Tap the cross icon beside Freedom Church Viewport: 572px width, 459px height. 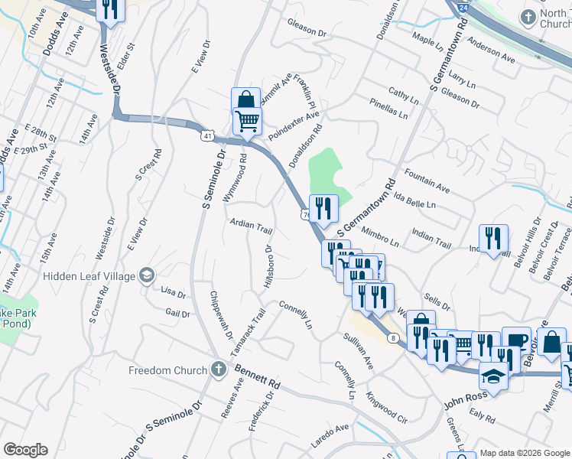[218, 370]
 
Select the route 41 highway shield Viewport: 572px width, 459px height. [209, 135]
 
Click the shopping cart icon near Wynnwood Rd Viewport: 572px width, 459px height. [247, 121]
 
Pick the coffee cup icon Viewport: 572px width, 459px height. [516, 340]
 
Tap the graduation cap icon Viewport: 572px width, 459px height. [493, 376]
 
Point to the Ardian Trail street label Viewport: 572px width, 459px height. [252, 228]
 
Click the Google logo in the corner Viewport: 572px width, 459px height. [24, 450]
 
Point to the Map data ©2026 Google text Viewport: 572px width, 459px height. [525, 453]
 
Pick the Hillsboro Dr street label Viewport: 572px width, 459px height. [268, 267]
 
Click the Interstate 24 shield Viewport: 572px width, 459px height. [461, 7]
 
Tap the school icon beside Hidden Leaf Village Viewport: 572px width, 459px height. [147, 275]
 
